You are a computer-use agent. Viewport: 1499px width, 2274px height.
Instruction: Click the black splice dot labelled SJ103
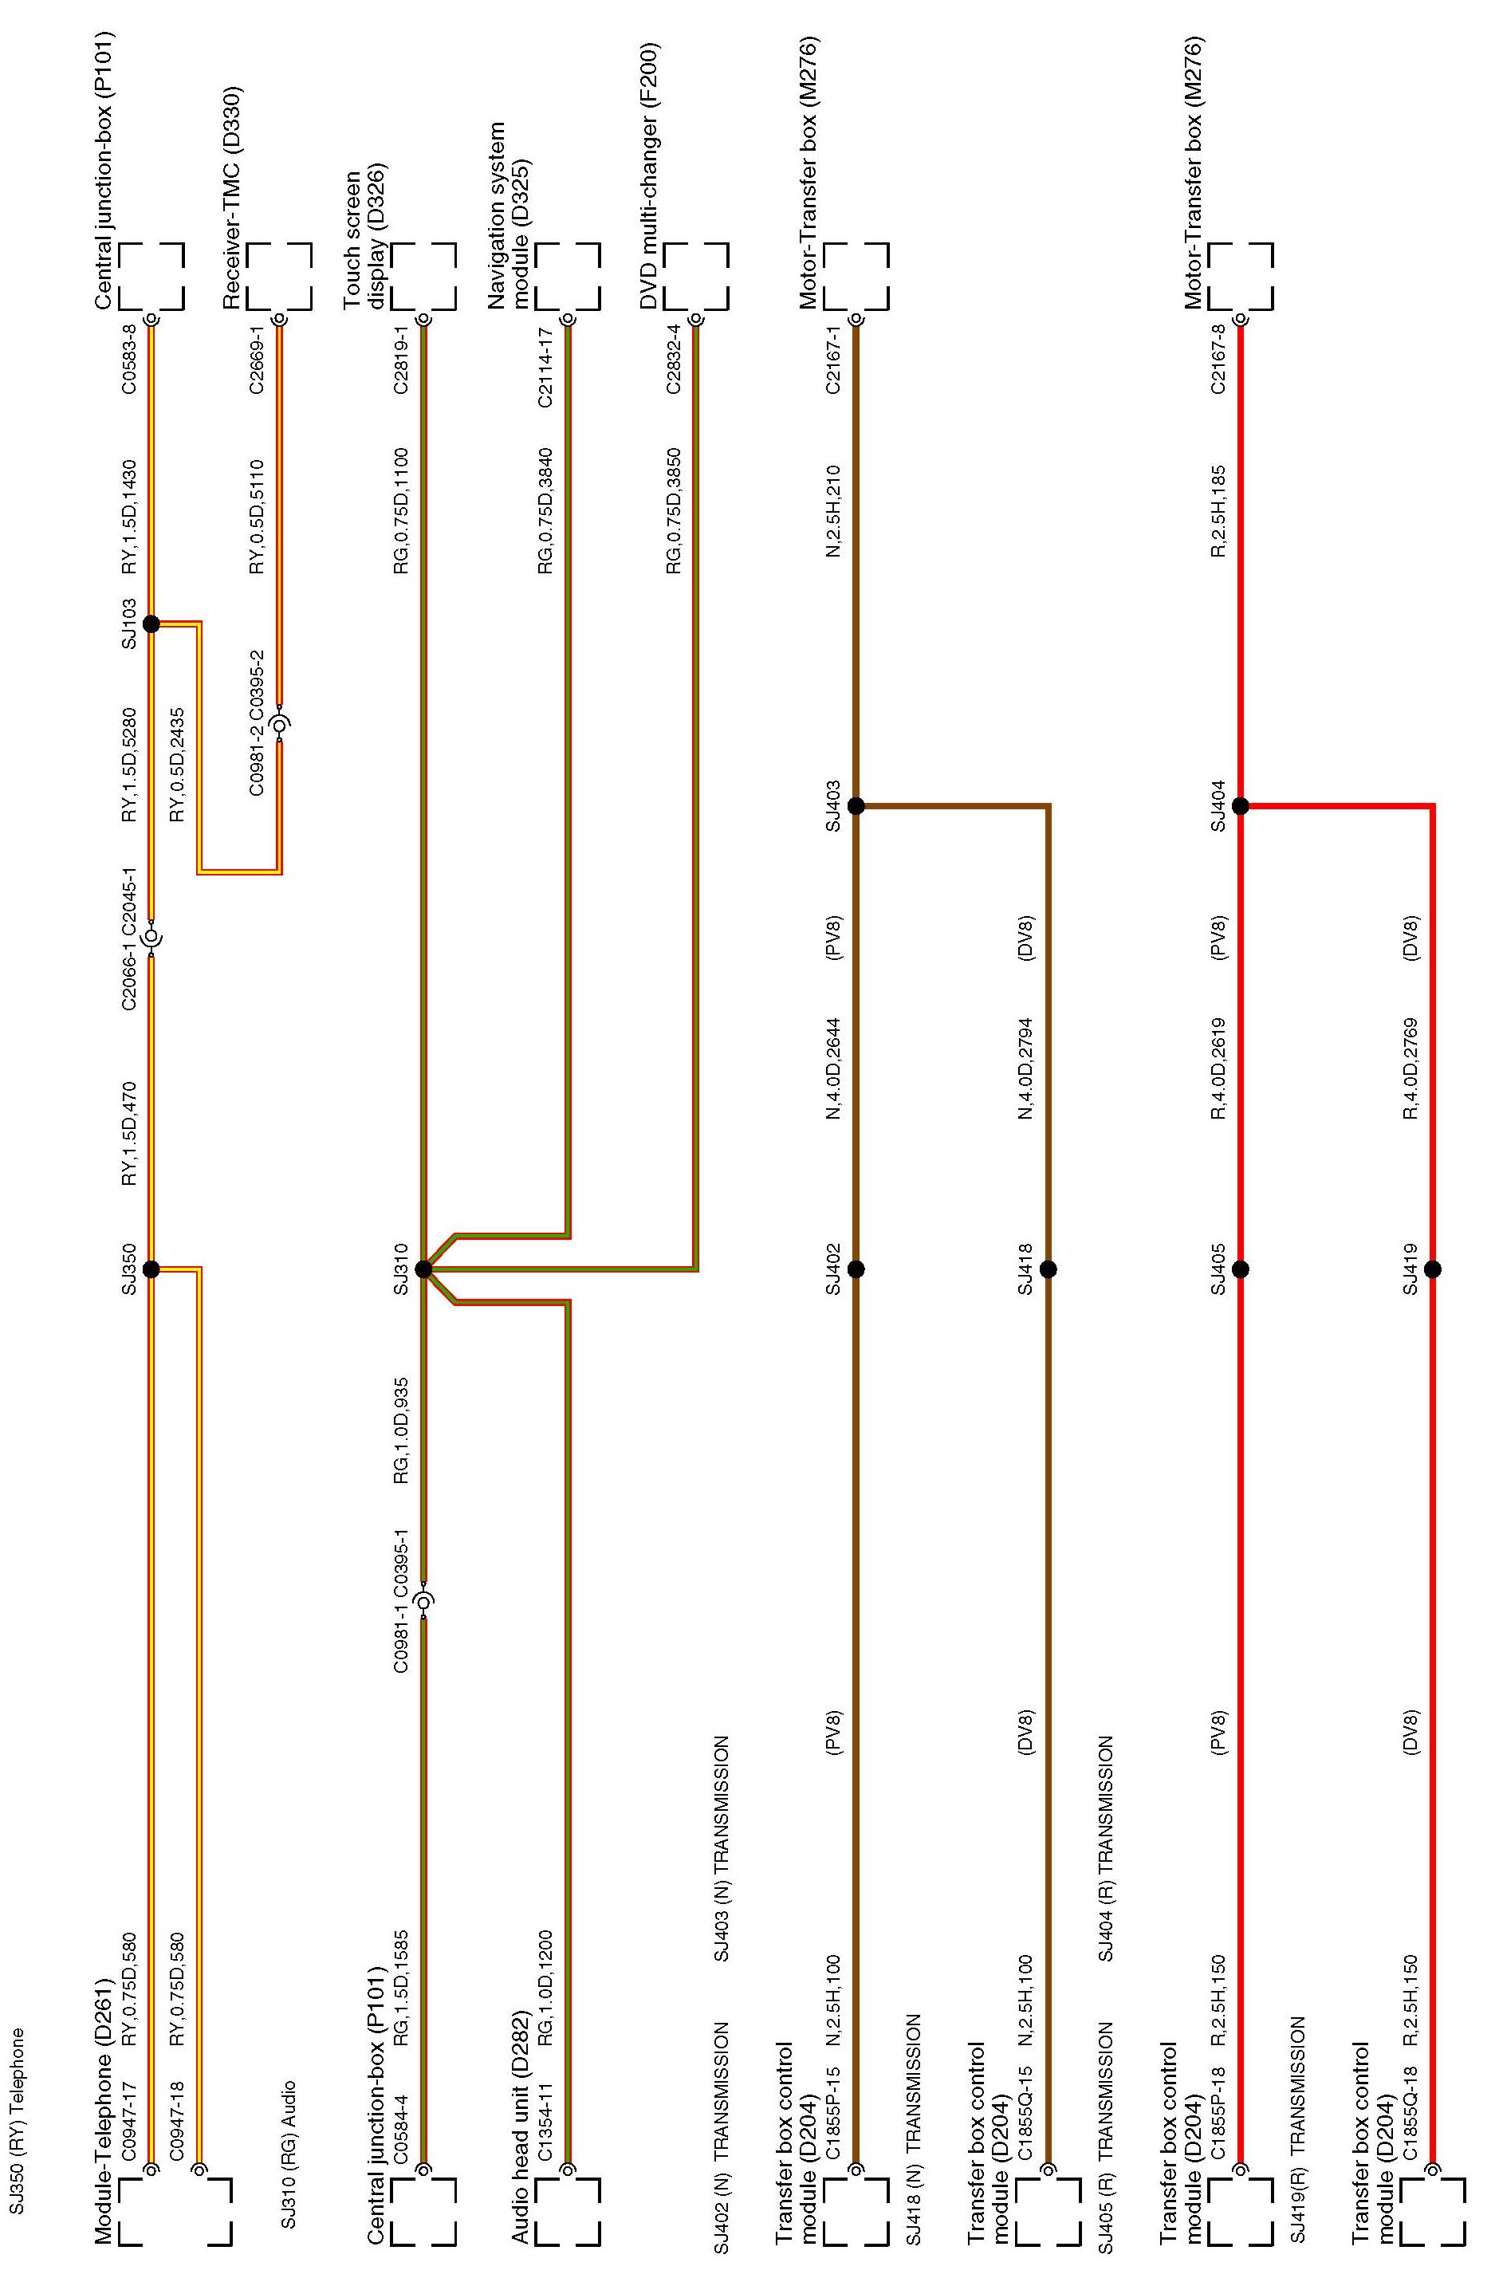[151, 624]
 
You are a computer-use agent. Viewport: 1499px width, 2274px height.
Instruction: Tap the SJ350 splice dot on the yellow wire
[151, 1269]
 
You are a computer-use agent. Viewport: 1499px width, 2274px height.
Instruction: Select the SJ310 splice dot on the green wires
[423, 1269]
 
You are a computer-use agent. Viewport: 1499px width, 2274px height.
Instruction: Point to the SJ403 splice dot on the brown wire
[856, 806]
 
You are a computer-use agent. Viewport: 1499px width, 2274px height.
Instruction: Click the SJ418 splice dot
[1048, 1269]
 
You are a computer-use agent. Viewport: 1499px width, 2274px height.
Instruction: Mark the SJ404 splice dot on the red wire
[1240, 806]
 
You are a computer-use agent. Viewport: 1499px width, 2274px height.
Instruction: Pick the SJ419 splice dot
[1432, 1269]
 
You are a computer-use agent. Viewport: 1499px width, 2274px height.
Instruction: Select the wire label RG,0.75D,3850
[674, 510]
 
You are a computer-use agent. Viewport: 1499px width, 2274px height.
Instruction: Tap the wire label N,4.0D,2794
[1027, 1068]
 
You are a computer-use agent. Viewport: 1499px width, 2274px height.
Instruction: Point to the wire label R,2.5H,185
[1218, 510]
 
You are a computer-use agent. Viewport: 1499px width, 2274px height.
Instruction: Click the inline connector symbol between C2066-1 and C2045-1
[151, 939]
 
